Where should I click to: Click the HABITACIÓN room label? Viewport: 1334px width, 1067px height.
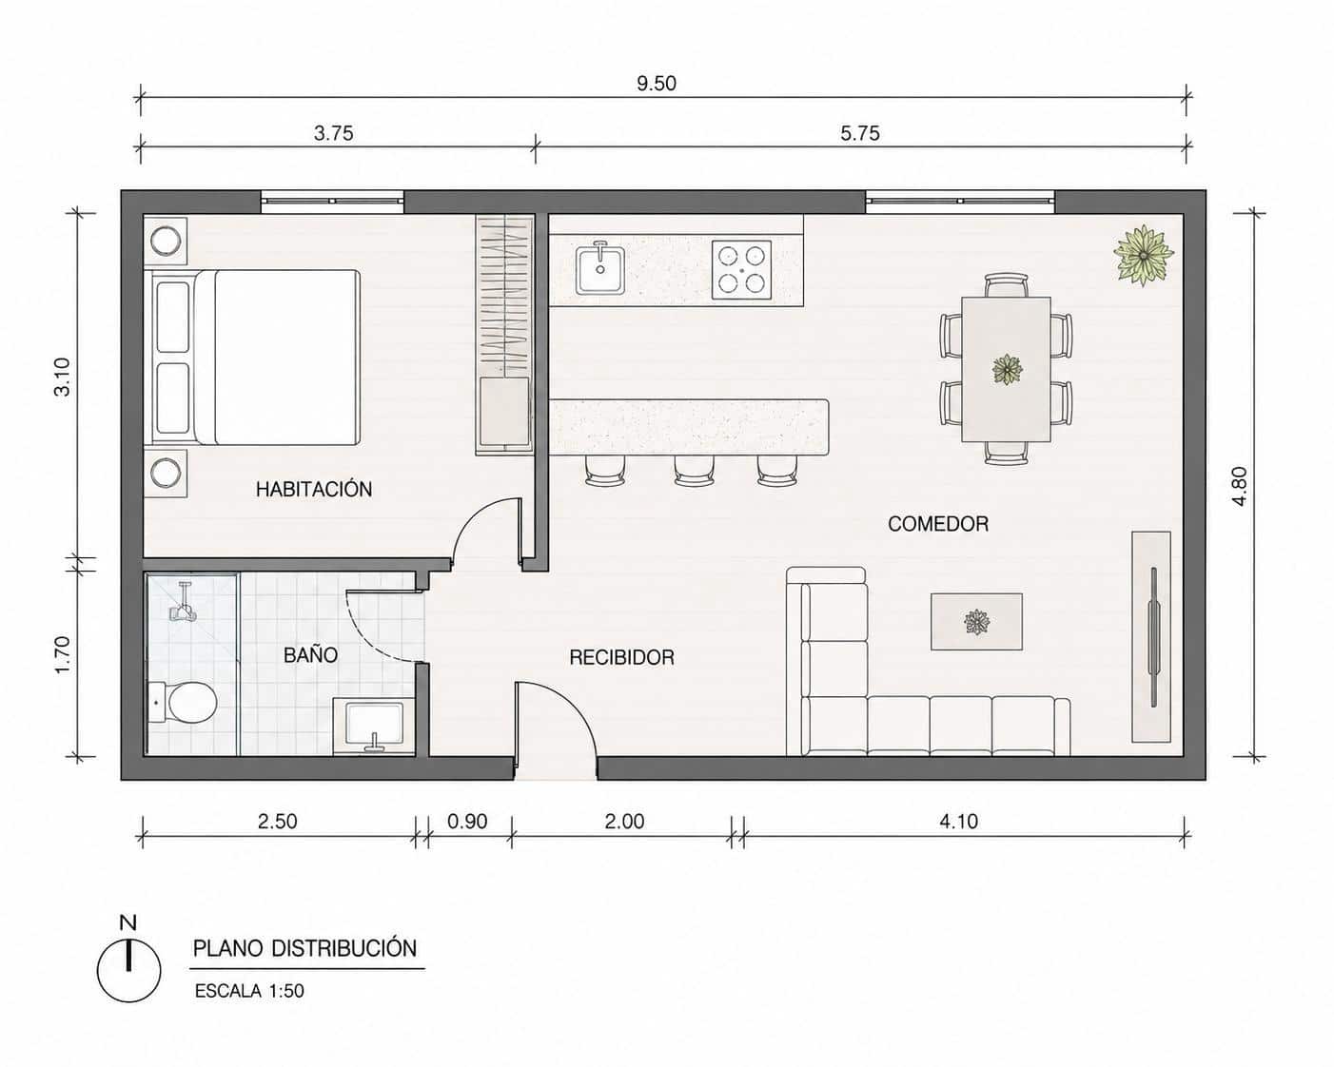(x=314, y=490)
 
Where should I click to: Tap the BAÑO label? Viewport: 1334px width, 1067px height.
(x=310, y=655)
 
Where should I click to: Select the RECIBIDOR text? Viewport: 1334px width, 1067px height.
(x=621, y=657)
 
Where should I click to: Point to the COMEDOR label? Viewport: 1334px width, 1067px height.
(x=938, y=524)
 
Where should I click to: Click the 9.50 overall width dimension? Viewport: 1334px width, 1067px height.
(x=657, y=83)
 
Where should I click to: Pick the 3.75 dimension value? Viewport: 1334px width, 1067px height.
(x=333, y=133)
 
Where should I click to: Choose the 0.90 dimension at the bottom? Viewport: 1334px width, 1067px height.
(x=467, y=822)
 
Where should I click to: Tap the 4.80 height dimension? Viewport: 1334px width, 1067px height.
(x=1239, y=485)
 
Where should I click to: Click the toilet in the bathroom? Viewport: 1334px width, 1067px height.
(x=183, y=702)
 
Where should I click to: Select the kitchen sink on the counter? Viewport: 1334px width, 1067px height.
(x=600, y=268)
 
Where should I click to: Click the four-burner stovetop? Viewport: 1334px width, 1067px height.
(x=741, y=270)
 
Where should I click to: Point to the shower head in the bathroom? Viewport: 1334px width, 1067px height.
(x=184, y=604)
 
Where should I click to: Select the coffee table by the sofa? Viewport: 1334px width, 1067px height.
(x=976, y=622)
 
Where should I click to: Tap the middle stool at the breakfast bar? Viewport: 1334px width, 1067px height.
(x=695, y=471)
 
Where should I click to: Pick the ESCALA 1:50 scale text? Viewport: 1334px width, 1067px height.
(x=249, y=991)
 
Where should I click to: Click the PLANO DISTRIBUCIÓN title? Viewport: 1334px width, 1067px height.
(x=305, y=949)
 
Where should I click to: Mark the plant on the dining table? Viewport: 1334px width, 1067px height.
(x=1007, y=369)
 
